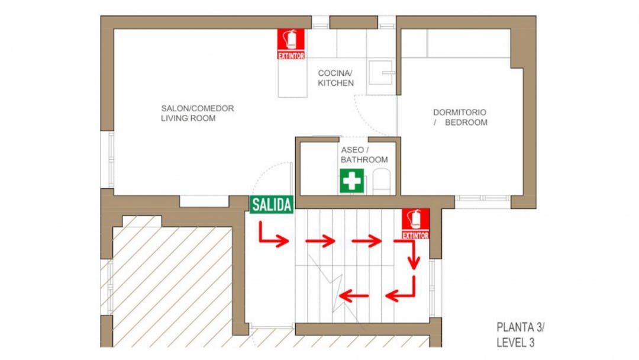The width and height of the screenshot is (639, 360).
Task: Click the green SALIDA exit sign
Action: coord(272,205)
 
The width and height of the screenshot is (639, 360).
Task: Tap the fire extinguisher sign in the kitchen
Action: coord(291,44)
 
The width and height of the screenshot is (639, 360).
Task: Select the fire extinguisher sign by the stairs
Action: coord(415,224)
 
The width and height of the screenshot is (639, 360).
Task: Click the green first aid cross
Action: coord(351,181)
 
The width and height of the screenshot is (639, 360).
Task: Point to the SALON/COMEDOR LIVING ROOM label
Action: coord(197,113)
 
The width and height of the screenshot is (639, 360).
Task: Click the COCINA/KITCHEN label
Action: coord(335,78)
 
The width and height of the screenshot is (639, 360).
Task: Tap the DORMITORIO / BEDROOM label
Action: coord(460,117)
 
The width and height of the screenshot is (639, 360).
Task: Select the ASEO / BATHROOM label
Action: coord(364,155)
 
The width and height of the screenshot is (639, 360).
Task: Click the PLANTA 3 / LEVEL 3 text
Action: coord(523,335)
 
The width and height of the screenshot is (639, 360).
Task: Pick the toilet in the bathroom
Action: coord(382,180)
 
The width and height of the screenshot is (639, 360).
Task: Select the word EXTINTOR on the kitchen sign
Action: coord(291,56)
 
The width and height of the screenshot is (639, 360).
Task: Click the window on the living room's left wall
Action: coord(110,159)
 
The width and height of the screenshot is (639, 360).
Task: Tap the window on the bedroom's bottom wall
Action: coord(482,198)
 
